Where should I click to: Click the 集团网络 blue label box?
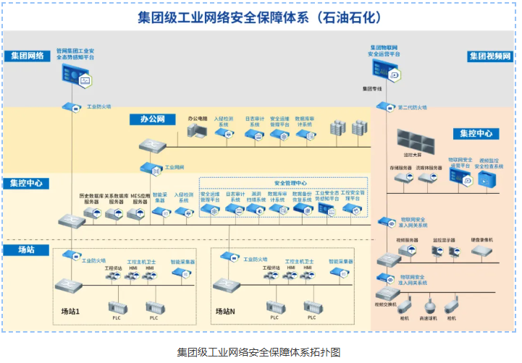click(x=28, y=56)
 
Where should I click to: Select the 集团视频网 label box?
click(x=490, y=56)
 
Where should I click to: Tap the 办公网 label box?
click(x=153, y=119)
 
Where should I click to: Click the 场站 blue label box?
click(x=28, y=250)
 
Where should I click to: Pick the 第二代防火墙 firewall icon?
click(x=382, y=106)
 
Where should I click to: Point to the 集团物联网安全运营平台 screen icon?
click(x=386, y=70)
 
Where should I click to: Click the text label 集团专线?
click(x=371, y=89)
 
